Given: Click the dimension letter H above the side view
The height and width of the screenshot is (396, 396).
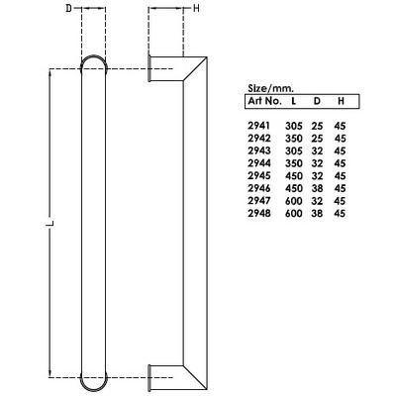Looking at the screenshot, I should pyautogui.click(x=196, y=9).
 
